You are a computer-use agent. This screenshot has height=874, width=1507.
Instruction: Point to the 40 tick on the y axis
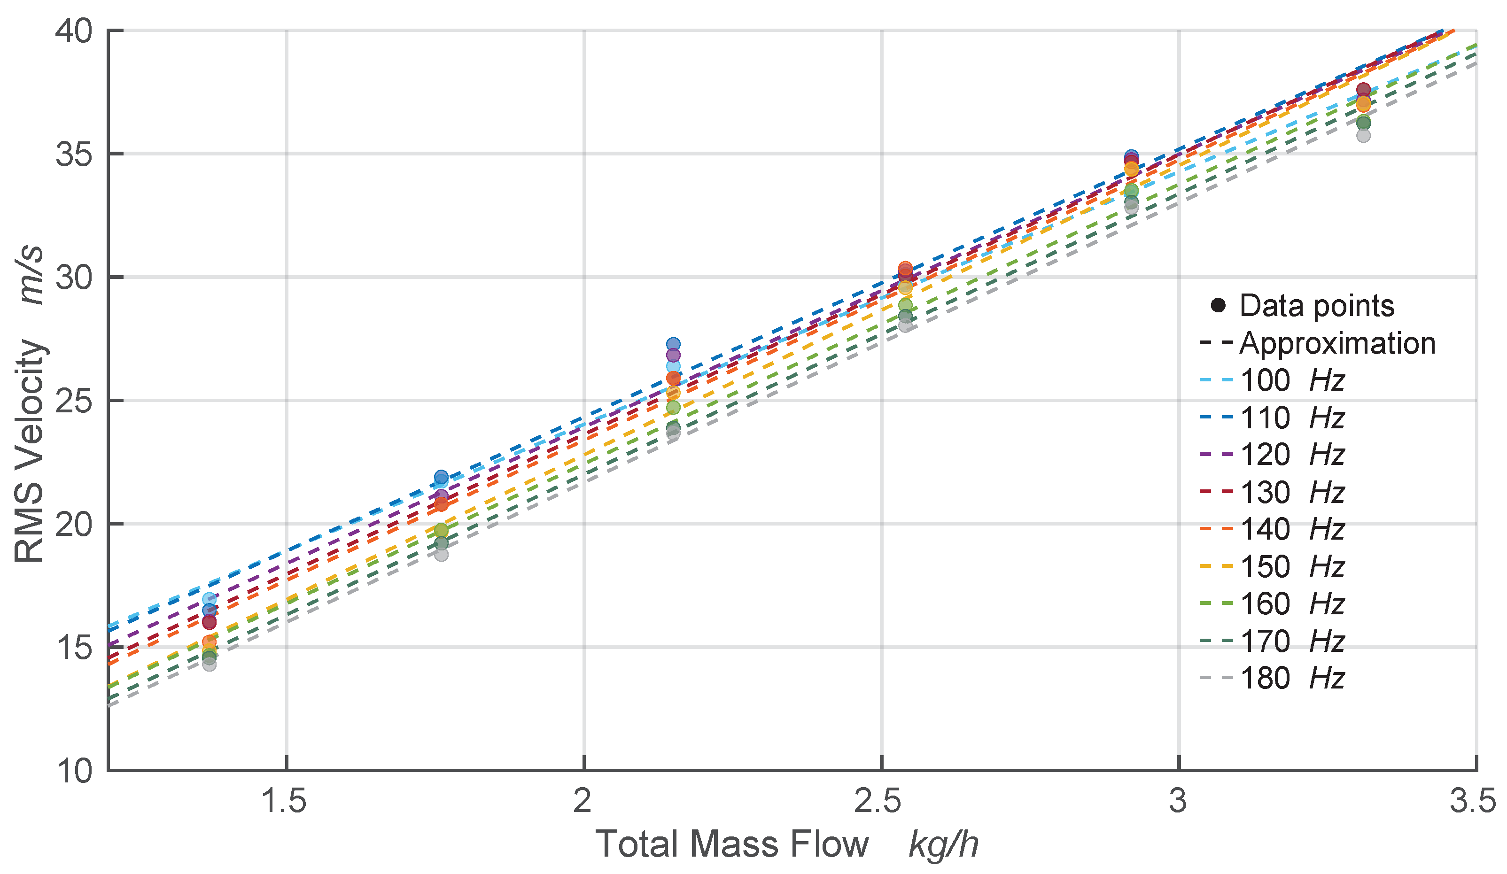click(x=75, y=30)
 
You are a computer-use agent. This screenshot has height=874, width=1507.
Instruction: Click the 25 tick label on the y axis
click(x=75, y=401)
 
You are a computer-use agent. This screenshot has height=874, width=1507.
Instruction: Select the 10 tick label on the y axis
click(x=75, y=771)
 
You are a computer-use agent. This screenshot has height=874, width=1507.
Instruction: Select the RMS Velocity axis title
click(x=30, y=451)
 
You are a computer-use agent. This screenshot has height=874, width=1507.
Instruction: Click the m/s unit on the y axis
click(x=30, y=275)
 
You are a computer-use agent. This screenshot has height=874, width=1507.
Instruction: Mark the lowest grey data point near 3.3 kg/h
click(x=1363, y=136)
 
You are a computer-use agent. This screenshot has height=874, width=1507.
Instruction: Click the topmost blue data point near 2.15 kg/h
click(x=673, y=344)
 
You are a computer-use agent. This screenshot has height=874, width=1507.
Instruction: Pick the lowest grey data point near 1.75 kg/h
click(x=441, y=554)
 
